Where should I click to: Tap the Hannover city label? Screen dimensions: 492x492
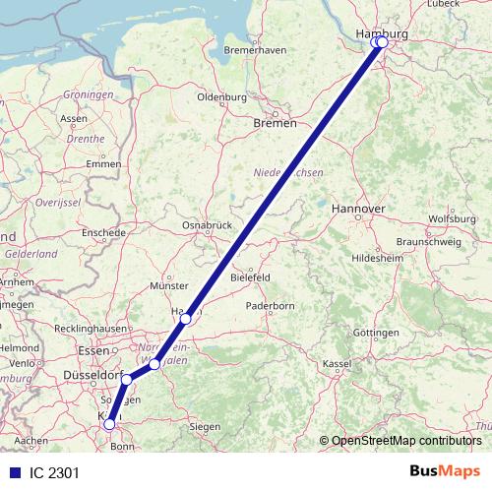click(357, 210)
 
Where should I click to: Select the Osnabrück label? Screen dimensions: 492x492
click(207, 225)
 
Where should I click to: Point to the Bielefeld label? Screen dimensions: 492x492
click(250, 278)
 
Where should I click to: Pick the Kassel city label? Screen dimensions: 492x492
click(337, 364)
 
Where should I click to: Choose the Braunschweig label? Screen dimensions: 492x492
click(422, 241)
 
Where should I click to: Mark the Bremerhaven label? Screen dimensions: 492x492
click(255, 50)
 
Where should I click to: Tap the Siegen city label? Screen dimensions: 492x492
click(205, 426)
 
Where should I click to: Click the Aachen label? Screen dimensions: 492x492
click(31, 440)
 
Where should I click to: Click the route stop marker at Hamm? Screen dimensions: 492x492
click(185, 319)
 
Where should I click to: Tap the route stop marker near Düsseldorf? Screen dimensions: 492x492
click(127, 379)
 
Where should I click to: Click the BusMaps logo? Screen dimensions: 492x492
click(446, 471)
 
